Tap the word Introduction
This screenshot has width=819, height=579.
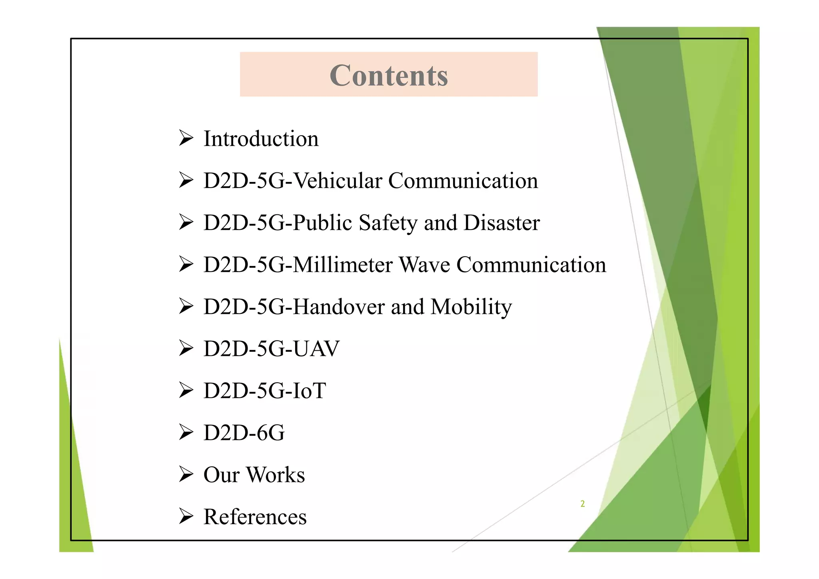(x=261, y=139)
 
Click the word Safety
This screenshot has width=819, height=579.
(x=387, y=223)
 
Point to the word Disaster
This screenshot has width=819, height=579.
(x=501, y=223)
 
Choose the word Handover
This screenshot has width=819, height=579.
(x=338, y=307)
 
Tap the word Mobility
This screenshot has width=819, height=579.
(x=471, y=307)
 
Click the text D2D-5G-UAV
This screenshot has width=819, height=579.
(x=271, y=349)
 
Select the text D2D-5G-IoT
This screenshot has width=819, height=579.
(x=265, y=391)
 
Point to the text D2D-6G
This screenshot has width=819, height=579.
(x=244, y=433)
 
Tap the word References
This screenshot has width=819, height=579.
(x=255, y=517)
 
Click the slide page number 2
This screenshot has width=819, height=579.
(x=583, y=504)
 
